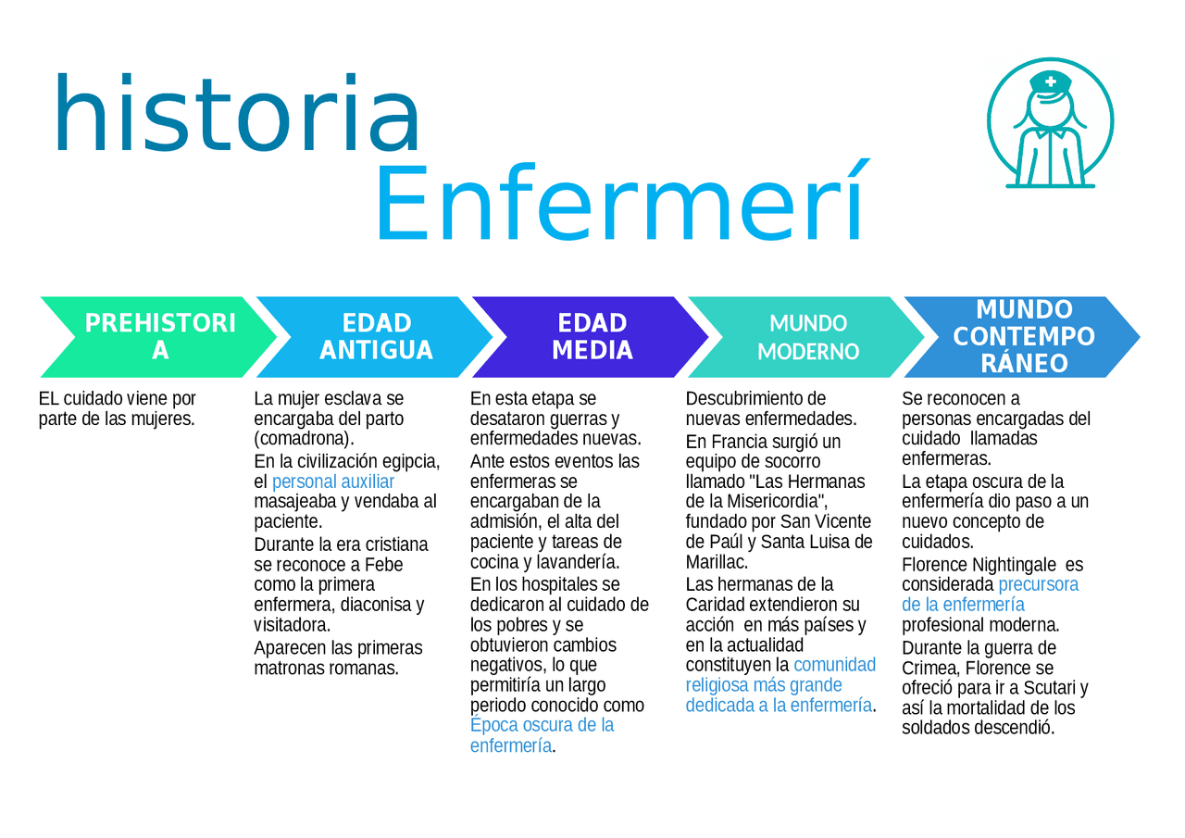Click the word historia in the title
pos(236,113)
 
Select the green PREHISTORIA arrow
pos(158,337)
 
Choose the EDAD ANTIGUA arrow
pos(375,337)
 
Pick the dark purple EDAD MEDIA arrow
pos(591,337)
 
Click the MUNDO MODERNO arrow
pos(806,337)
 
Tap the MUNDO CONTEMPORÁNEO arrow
pos(1022,337)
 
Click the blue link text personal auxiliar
pos(332,482)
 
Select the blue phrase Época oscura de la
pos(542,725)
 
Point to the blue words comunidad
pos(834,665)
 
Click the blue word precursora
pos(1038,584)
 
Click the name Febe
pos(383,565)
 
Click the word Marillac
pos(717,562)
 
